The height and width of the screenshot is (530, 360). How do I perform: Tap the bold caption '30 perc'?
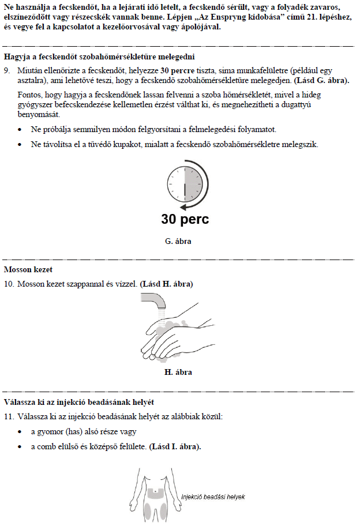[x=185, y=220]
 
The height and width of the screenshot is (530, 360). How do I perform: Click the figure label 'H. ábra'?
[x=178, y=372]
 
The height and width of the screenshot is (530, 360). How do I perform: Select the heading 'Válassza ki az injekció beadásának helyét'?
[x=79, y=401]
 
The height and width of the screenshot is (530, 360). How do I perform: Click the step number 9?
[x=7, y=69]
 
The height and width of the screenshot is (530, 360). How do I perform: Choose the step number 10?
[x=8, y=284]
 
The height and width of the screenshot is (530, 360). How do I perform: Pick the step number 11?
[x=8, y=416]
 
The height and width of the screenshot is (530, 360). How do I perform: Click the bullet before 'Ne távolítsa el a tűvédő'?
[x=21, y=144]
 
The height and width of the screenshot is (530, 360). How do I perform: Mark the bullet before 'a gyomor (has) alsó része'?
[x=21, y=432]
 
